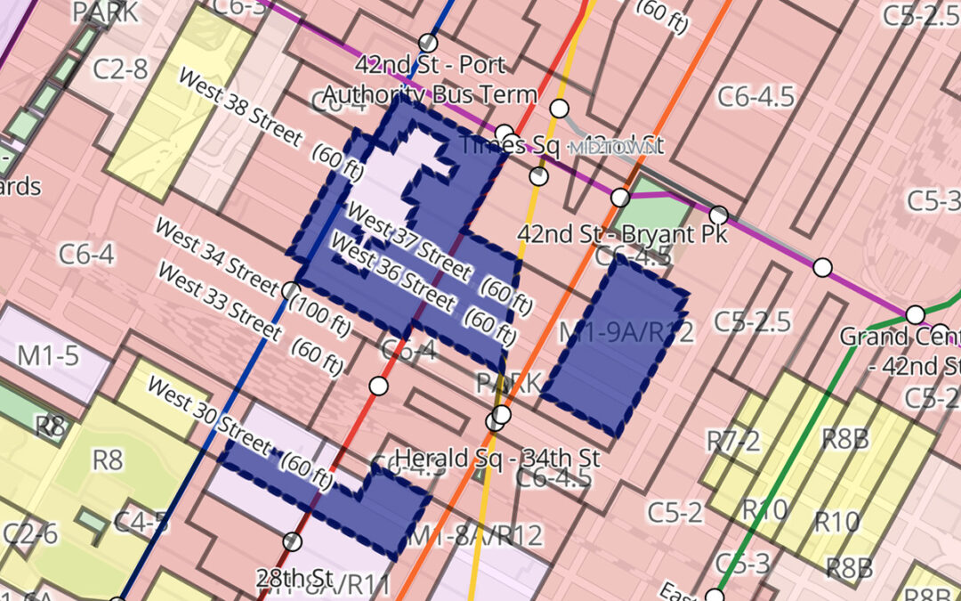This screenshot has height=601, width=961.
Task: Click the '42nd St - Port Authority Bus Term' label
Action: (x=430, y=79)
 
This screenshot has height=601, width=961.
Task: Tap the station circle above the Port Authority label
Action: (x=429, y=43)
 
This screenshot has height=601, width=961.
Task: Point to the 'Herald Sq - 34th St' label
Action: (x=497, y=459)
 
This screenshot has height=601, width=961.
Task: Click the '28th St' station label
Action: (x=294, y=577)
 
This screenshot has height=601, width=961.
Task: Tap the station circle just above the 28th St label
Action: (x=293, y=541)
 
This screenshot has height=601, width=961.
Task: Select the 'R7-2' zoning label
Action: (x=733, y=441)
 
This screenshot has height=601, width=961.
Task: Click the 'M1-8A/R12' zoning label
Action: (x=474, y=536)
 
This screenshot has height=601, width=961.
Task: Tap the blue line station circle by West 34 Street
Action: (x=289, y=290)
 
